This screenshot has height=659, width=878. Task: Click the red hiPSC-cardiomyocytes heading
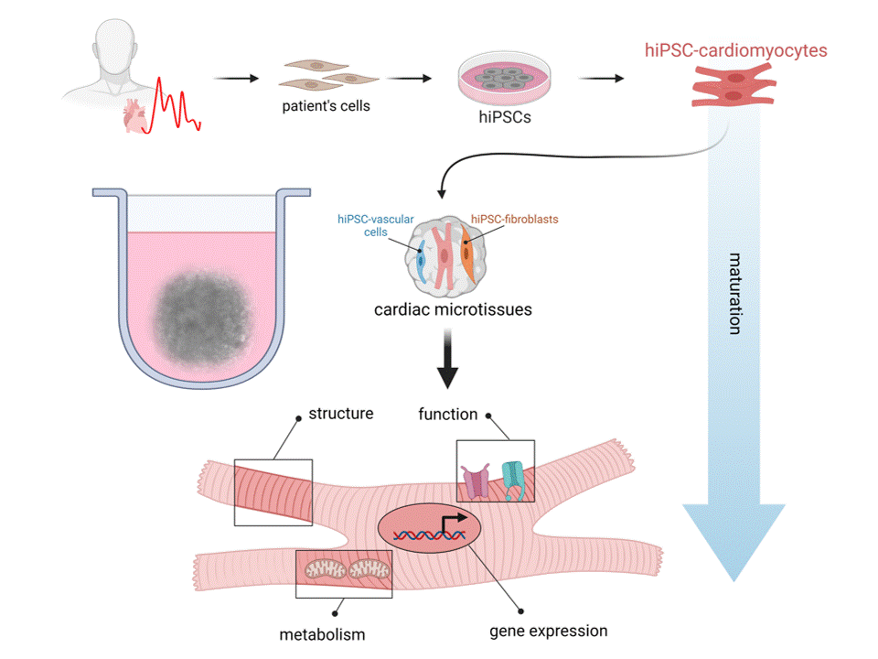(x=735, y=51)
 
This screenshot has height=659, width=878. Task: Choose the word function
(x=448, y=414)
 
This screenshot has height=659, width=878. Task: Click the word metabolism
(x=321, y=633)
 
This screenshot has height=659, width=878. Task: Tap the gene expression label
(x=548, y=631)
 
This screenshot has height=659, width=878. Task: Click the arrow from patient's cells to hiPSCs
(x=408, y=78)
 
